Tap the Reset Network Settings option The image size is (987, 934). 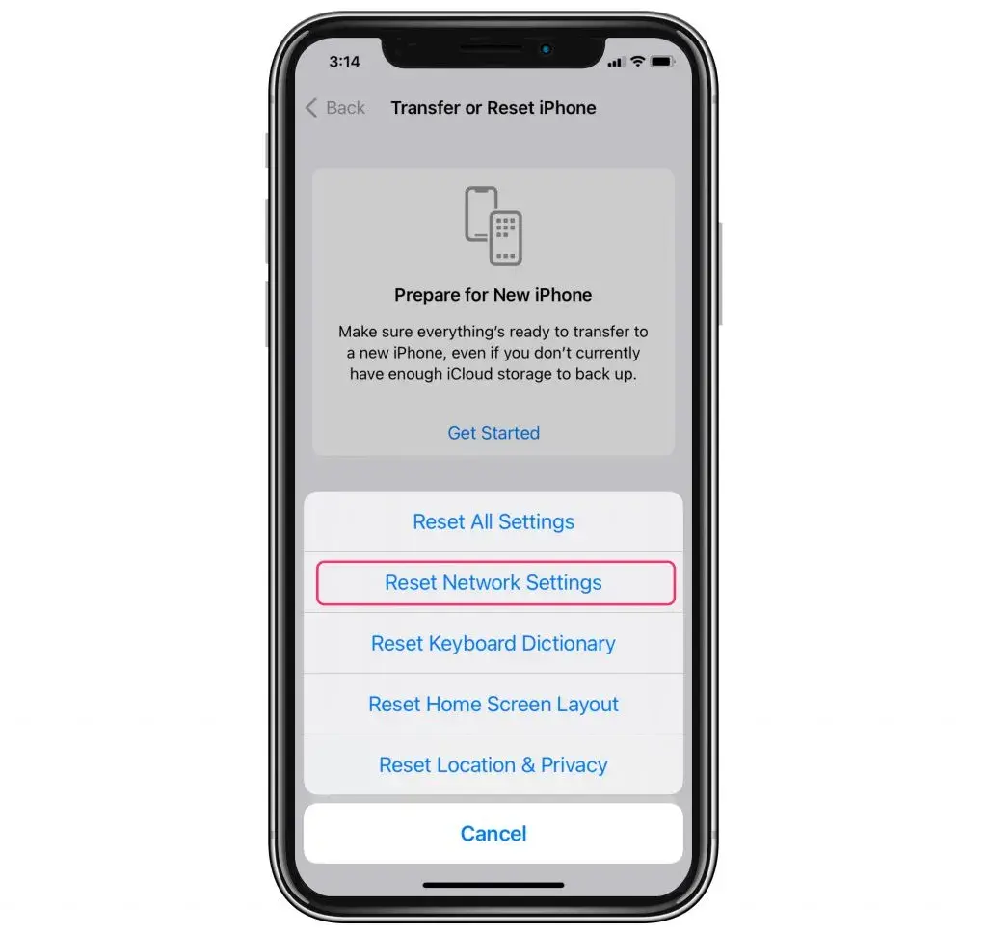[x=493, y=583]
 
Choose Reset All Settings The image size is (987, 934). [x=493, y=522]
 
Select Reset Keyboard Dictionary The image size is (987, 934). [x=493, y=644]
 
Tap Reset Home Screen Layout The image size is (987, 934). [x=493, y=705]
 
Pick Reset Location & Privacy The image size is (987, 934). [x=493, y=765]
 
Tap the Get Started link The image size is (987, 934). [x=493, y=434]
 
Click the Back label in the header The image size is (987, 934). [x=345, y=108]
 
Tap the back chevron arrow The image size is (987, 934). [x=311, y=108]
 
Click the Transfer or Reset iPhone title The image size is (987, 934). [x=493, y=108]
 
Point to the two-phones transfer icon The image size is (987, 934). [x=493, y=226]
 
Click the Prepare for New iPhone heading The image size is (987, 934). [x=493, y=295]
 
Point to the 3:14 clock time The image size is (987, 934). [x=344, y=62]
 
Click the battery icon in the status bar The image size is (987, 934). [x=662, y=62]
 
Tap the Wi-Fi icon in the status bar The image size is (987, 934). [x=637, y=62]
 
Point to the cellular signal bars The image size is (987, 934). [x=617, y=63]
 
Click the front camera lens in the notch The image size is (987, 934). [x=547, y=48]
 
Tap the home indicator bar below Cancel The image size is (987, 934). [x=493, y=884]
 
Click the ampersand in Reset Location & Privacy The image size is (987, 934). [x=528, y=765]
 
